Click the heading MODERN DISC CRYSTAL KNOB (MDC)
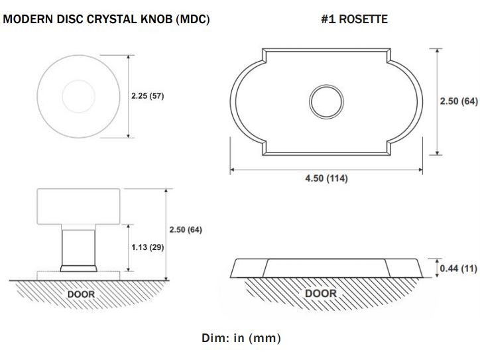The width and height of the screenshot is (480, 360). point(106,20)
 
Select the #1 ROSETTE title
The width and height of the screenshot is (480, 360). point(354,20)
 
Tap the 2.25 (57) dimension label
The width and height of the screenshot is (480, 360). point(147,96)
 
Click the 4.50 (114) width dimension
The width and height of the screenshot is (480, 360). point(326,178)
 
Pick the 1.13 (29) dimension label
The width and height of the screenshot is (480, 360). point(147,247)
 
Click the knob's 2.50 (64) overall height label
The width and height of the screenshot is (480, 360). point(186,230)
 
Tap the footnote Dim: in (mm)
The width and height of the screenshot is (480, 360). point(241,338)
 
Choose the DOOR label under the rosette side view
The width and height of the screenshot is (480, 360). point(320,292)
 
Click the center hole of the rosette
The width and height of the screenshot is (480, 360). point(326,101)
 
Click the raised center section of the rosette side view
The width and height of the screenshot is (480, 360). point(326,267)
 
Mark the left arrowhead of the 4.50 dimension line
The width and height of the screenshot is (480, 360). point(233,170)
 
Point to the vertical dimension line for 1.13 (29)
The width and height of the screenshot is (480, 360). point(127,247)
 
